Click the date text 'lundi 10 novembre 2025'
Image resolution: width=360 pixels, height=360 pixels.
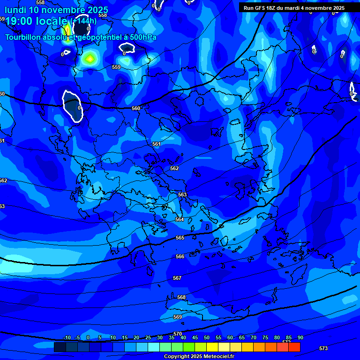[x=56, y=10]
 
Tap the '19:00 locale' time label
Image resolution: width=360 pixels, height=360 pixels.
[x=36, y=21]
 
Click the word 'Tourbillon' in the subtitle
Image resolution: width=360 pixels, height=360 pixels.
[x=23, y=37]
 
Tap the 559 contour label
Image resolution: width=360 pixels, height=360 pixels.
[x=116, y=67]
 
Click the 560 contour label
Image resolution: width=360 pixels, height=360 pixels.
[x=136, y=108]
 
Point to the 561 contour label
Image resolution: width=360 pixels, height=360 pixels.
[x=157, y=144]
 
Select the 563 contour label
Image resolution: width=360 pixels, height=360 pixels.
[x=182, y=195]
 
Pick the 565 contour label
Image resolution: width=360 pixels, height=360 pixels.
[x=180, y=238]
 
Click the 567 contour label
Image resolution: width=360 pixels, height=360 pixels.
[x=177, y=278]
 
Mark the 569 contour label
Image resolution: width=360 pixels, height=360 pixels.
[x=178, y=317]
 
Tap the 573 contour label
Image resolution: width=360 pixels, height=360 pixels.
[x=323, y=348]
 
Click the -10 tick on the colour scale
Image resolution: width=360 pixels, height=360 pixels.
[x=67, y=337]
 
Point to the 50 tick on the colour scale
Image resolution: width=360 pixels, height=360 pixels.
[x=206, y=337]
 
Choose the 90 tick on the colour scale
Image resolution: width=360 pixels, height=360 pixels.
[x=300, y=337]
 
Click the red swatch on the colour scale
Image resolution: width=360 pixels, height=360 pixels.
[x=294, y=347]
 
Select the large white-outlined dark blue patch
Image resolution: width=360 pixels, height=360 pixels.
[x=72, y=106]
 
